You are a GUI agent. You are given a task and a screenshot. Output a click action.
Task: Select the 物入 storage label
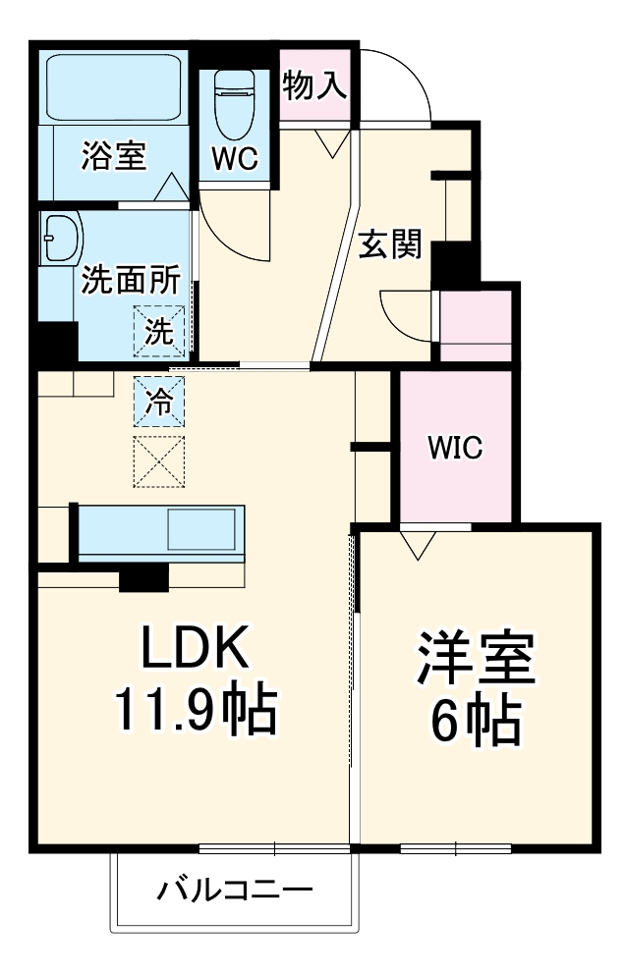click(314, 86)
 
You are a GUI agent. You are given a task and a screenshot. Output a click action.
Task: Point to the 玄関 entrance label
click(388, 243)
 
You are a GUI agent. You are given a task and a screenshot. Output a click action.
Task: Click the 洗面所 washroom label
click(130, 281)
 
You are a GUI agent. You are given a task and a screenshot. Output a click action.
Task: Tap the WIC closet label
click(454, 449)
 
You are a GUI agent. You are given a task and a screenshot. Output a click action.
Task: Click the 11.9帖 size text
click(197, 711)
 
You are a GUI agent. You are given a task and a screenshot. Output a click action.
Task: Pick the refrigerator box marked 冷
click(158, 401)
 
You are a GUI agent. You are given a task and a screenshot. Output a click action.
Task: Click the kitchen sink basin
click(201, 530)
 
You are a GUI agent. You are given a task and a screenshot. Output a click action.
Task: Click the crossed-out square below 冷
click(158, 461)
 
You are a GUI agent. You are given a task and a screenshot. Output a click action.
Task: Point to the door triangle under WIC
click(418, 543)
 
